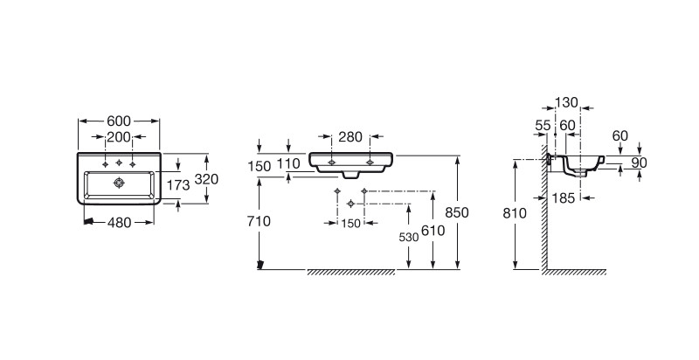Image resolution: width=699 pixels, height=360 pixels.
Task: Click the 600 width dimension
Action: pyautogui.click(x=119, y=121)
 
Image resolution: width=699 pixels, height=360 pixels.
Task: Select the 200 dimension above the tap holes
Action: pyautogui.click(x=119, y=137)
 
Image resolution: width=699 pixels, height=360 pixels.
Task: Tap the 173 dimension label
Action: pyautogui.click(x=178, y=185)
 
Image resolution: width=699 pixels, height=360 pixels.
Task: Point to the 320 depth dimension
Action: pyautogui.click(x=206, y=179)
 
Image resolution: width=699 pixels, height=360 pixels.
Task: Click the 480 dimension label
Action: pyautogui.click(x=120, y=222)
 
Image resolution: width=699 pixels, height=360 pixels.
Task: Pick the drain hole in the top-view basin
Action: pyautogui.click(x=119, y=183)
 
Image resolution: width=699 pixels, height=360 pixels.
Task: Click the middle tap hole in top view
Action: pyautogui.click(x=119, y=163)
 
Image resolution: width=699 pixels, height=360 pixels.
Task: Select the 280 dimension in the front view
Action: pyautogui.click(x=350, y=137)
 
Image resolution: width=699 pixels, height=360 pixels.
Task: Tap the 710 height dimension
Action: pyautogui.click(x=259, y=221)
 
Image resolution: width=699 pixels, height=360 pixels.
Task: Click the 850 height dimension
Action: pyautogui.click(x=457, y=212)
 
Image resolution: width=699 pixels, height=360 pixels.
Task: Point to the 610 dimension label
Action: pyautogui.click(x=433, y=231)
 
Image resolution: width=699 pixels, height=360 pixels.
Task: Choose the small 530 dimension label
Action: pyautogui.click(x=409, y=238)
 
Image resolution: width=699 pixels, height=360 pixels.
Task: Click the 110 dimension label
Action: pyautogui.click(x=288, y=164)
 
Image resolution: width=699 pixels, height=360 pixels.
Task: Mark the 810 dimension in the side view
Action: pyautogui.click(x=515, y=213)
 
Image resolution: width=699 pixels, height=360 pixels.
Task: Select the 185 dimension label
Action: pyautogui.click(x=564, y=197)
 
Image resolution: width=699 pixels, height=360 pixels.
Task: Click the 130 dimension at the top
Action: pyautogui.click(x=566, y=103)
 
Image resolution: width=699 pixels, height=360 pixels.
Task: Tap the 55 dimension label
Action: pyautogui.click(x=543, y=126)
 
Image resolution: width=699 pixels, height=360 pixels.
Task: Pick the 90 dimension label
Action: pyautogui.click(x=640, y=163)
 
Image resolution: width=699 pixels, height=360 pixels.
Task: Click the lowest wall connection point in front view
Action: pyautogui.click(x=351, y=204)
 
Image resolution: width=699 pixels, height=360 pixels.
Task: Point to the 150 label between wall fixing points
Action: pyautogui.click(x=351, y=223)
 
